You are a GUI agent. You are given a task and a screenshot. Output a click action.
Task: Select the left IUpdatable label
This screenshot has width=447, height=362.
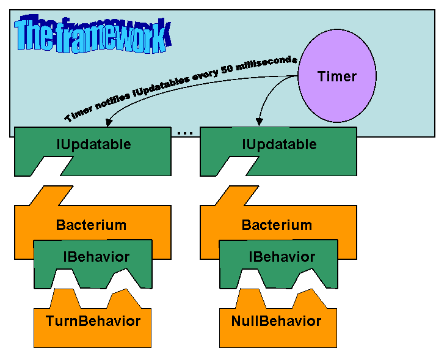[x=93, y=145]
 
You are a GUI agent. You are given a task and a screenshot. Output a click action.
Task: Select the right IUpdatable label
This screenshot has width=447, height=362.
[x=279, y=145]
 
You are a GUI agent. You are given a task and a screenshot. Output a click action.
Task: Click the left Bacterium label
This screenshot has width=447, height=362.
[x=91, y=225]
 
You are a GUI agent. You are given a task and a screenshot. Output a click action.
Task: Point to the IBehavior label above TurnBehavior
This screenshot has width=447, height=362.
[x=96, y=257]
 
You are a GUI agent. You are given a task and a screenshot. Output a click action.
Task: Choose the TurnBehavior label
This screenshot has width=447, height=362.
[x=93, y=321]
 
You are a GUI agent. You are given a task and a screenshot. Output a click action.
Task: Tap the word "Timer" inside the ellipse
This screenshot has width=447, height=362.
[x=336, y=76]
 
